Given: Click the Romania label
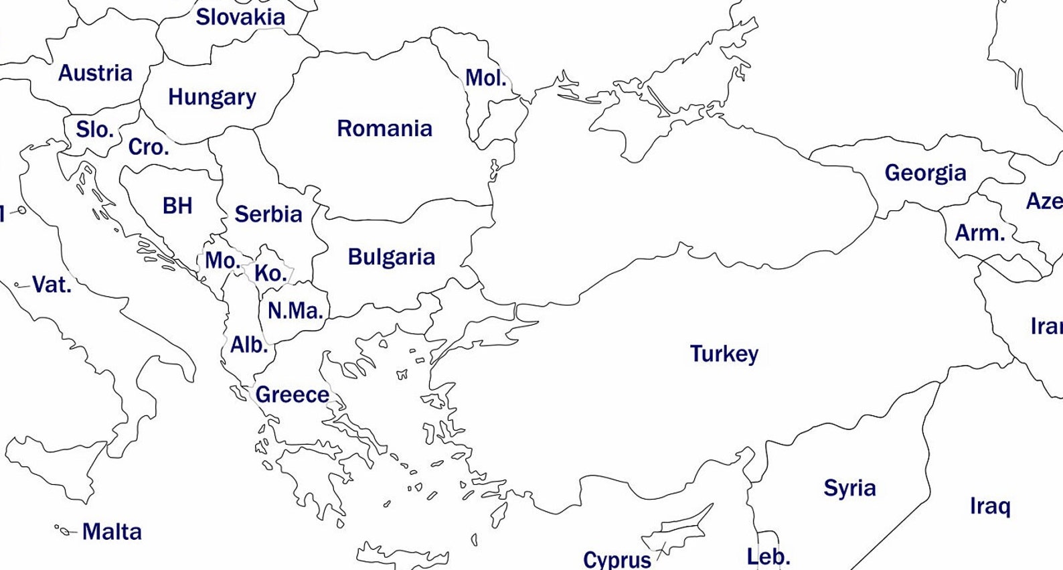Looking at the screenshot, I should (x=384, y=128).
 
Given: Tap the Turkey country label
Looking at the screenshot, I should (x=724, y=353).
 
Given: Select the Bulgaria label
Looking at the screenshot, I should (x=391, y=257).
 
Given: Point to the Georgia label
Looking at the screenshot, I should (x=925, y=173).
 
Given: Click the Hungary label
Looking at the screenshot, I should (x=212, y=97).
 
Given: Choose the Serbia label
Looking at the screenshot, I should (x=268, y=214).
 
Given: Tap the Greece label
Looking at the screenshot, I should (x=292, y=395).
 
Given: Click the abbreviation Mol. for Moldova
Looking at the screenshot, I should (x=485, y=78).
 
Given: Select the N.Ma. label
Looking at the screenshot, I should (x=295, y=311).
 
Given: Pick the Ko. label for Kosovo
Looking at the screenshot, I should (x=270, y=273).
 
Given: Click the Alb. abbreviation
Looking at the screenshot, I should (x=248, y=345).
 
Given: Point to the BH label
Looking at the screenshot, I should (x=177, y=206).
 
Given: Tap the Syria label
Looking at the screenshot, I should (x=849, y=488).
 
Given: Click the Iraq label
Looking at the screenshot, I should (x=989, y=506).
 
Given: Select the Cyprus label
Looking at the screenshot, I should (x=617, y=559).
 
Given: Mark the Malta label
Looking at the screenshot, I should (x=112, y=532).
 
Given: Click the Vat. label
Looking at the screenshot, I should (x=51, y=285).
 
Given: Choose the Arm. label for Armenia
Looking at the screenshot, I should (x=979, y=233).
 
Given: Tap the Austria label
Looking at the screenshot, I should (x=95, y=72).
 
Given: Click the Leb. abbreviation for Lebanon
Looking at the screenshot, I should (x=768, y=557).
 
